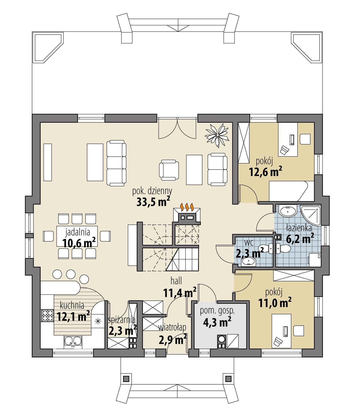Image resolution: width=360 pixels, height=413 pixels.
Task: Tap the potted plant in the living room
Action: (x=217, y=135)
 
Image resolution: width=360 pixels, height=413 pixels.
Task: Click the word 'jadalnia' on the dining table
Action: (x=77, y=231)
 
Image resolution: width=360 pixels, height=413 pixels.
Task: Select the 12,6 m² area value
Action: (x=265, y=172)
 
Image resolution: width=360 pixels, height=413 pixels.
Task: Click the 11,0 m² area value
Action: (x=274, y=303)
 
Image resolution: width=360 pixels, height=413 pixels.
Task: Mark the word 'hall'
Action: (x=176, y=281)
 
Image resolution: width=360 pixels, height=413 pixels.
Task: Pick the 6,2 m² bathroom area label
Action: (x=300, y=239)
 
